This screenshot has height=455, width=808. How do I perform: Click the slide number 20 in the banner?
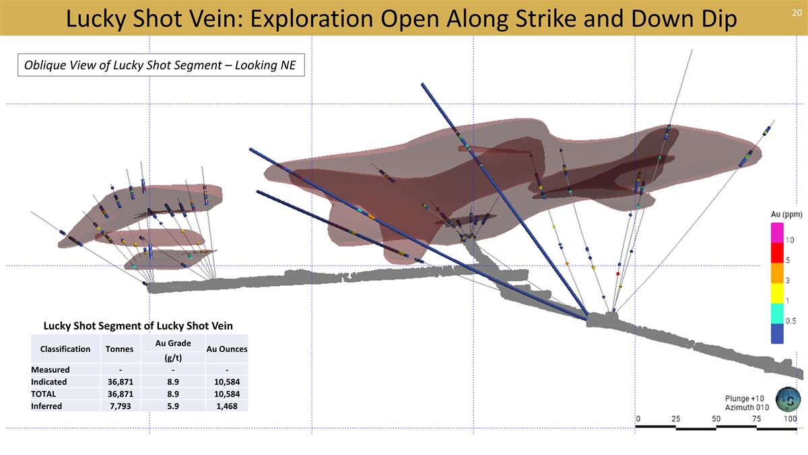point(797,13)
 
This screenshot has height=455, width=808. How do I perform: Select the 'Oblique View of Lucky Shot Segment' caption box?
point(161,65)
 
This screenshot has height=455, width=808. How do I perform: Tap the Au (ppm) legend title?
point(786,214)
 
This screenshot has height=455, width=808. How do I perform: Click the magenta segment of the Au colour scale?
point(777,233)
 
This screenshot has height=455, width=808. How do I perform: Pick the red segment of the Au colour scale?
point(777,253)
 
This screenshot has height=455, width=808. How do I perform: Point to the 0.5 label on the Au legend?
point(790,321)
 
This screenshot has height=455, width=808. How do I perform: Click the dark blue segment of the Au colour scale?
point(777,333)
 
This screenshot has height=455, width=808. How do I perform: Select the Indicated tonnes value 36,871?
point(121,382)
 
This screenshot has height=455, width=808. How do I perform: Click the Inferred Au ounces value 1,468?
point(227,406)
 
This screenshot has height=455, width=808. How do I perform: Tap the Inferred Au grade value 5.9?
point(173,406)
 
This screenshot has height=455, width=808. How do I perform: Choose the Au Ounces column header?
point(227,349)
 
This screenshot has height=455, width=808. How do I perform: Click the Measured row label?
point(50,369)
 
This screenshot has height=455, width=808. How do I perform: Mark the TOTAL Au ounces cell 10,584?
point(227,394)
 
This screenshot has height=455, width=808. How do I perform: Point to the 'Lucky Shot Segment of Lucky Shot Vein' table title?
point(138,326)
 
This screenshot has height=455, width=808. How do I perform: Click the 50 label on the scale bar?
point(716,419)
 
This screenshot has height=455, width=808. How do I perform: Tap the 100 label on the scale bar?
point(790,419)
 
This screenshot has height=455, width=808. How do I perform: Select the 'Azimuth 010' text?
point(747,407)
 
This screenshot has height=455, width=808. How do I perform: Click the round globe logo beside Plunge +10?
point(788,399)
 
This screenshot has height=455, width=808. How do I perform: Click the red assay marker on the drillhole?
point(618,274)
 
